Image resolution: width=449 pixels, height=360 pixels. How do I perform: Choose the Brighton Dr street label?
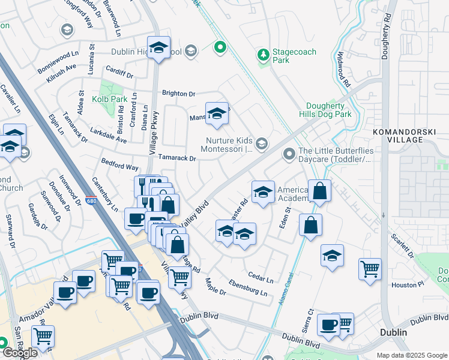pyautogui.click(x=179, y=94)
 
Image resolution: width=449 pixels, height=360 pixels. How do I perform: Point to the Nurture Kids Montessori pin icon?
pyautogui.click(x=261, y=143)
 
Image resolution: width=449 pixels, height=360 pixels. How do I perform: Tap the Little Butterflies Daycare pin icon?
pyautogui.click(x=289, y=155)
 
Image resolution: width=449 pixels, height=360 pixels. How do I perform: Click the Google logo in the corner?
pyautogui.click(x=19, y=353)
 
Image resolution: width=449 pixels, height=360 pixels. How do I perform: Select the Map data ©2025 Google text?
pyautogui.click(x=412, y=355)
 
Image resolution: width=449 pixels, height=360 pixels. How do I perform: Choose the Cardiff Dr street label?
pyautogui.click(x=119, y=75)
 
